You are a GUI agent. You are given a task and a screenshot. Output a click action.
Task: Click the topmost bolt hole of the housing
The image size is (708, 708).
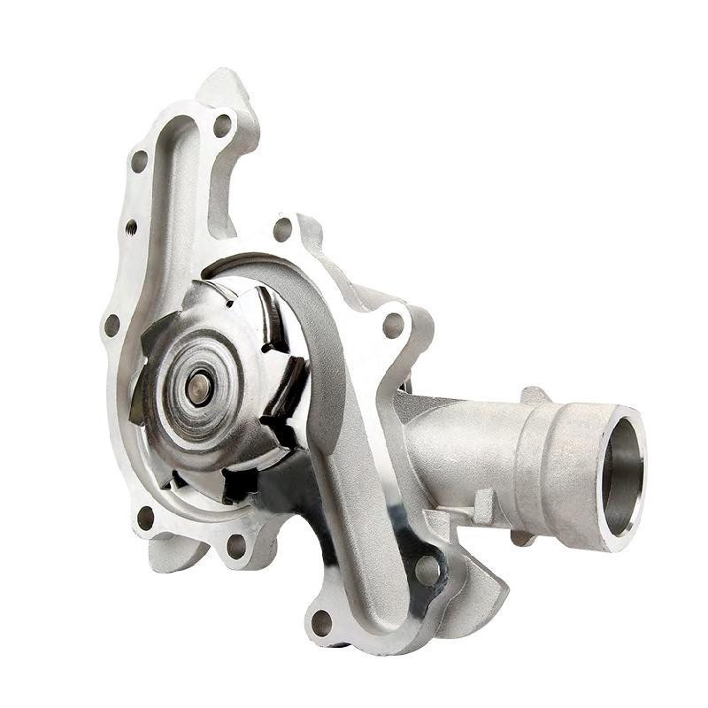[x=222, y=125]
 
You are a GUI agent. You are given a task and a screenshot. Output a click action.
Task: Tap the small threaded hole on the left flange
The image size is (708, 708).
[x=131, y=228]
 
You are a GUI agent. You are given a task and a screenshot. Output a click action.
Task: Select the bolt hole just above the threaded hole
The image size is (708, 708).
[x=139, y=162]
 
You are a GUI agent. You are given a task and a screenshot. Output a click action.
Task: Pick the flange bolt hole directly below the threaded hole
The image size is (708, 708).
[x=112, y=325]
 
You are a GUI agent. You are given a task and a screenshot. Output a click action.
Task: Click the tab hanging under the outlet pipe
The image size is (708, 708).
[x=522, y=535]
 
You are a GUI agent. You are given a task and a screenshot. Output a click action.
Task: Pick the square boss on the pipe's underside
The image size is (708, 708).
[x=483, y=505]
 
